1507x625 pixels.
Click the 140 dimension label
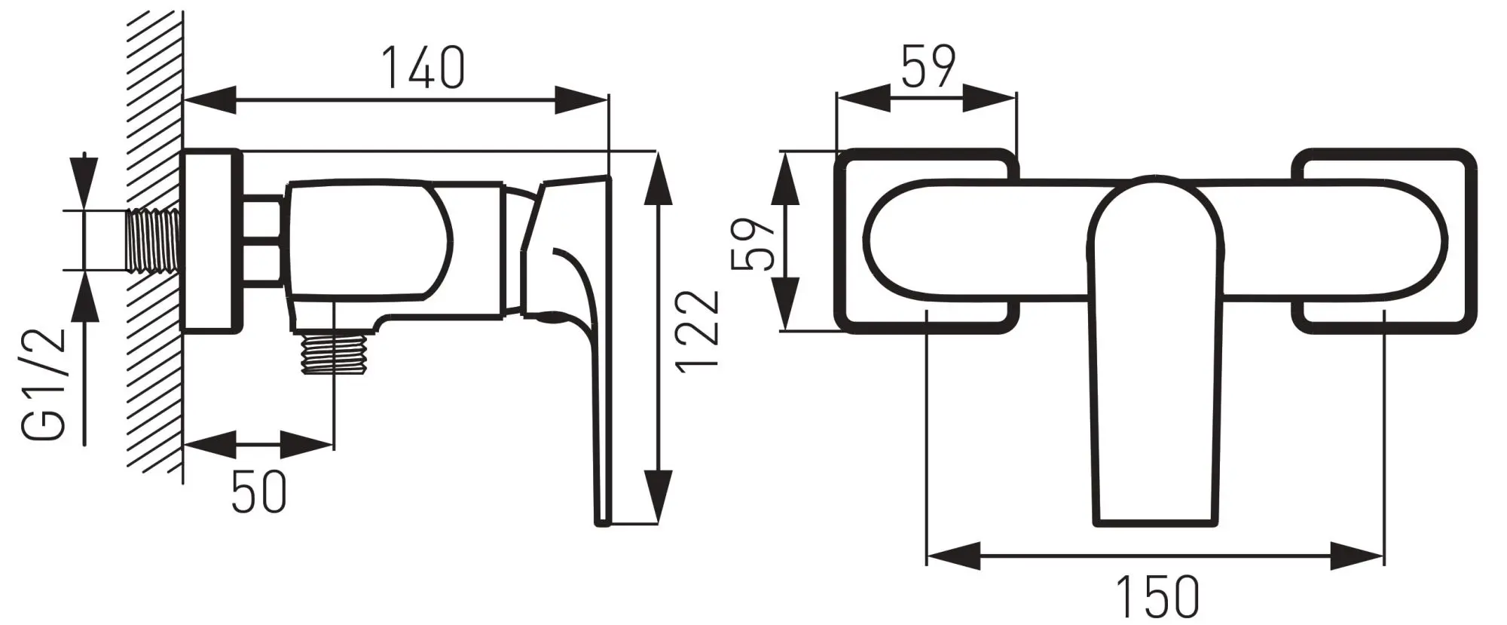(423, 67)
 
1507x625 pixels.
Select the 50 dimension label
(259, 491)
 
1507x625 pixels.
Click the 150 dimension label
(1157, 596)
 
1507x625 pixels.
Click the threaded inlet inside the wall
(154, 240)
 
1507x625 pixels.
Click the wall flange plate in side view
(212, 241)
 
